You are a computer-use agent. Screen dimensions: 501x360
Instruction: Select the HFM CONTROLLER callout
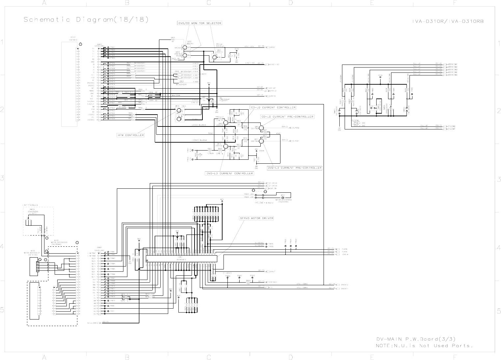click(131, 135)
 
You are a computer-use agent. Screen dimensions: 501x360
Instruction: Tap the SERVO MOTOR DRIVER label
click(256, 218)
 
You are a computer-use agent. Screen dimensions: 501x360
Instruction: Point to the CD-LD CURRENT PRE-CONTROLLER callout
click(287, 117)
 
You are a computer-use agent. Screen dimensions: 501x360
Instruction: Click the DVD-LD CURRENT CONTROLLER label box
click(229, 173)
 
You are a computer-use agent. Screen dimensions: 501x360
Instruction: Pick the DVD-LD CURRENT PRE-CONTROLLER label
click(295, 168)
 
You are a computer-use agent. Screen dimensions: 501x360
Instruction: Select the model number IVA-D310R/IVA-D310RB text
click(450, 21)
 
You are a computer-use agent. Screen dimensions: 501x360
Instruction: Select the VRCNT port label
click(273, 47)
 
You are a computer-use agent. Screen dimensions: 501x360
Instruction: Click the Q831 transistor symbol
click(214, 57)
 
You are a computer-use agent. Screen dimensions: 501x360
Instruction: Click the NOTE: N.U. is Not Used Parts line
click(424, 346)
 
